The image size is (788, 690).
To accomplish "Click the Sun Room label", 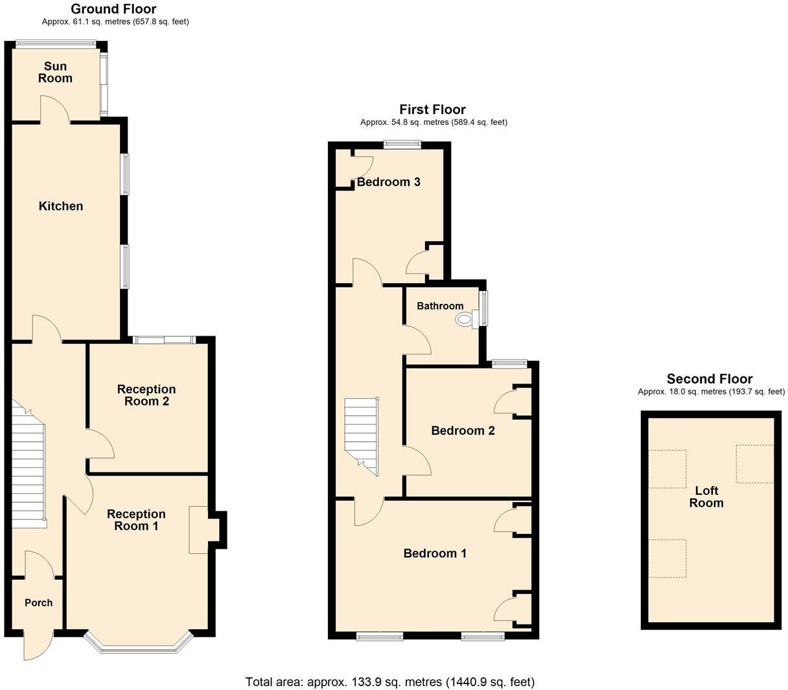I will pos(55,72).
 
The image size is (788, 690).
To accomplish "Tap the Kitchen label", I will pos(61,206).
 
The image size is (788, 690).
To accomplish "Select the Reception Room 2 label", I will pos(146,395).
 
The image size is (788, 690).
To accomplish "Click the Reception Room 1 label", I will pos(136,520).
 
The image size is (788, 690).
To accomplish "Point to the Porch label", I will pos(38,603).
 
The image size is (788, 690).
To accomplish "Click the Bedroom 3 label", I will pos(389,182).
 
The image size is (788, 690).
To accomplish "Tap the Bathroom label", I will pos(440,306).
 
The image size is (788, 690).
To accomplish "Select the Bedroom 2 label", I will pos(463,431).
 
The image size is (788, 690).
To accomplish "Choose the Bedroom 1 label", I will pos(435,553).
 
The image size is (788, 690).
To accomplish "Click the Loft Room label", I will pos(706,497).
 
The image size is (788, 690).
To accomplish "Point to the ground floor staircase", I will pos(29,466).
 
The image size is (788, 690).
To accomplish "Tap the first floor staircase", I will pos(360,434).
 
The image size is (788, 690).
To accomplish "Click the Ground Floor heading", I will pos(113,9).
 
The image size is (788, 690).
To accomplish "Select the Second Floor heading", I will pos(710,379).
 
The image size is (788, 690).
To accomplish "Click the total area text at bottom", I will pos(389,682).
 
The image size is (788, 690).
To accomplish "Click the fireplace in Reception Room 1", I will pos(199,529).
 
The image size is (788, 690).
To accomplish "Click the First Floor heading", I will pos(432,109).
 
